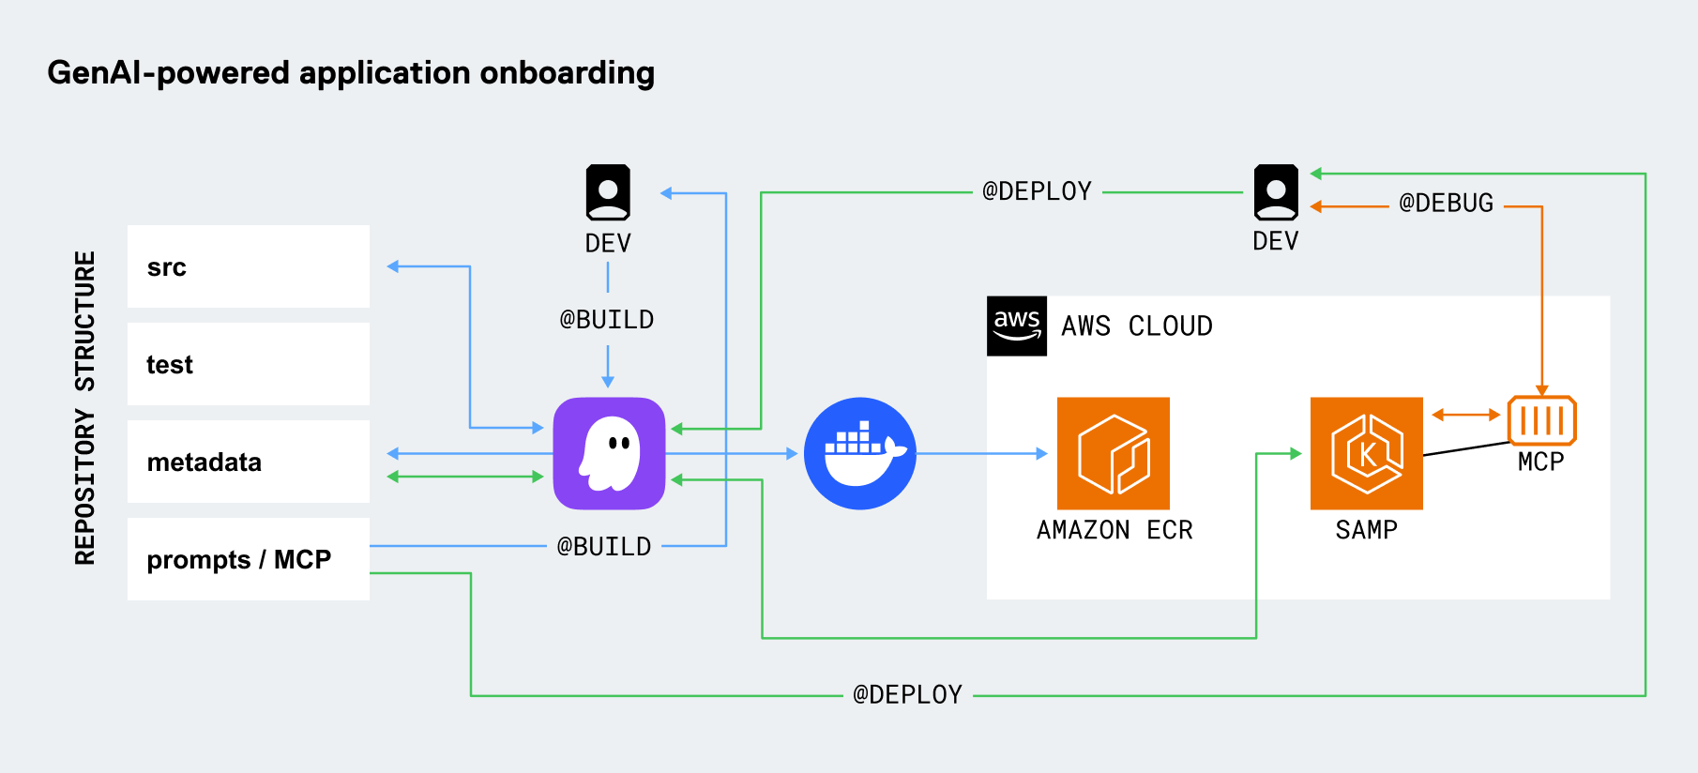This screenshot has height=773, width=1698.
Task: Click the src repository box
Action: coord(248,266)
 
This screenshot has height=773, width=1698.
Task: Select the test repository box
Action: coord(248,364)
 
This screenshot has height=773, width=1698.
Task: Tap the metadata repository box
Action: coord(248,462)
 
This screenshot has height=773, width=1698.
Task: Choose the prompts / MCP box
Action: coord(248,559)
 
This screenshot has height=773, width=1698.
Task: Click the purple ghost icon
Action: coord(609,453)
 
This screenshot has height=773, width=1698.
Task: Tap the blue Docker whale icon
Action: coord(859,453)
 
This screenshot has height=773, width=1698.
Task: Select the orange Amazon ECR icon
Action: coord(1113,453)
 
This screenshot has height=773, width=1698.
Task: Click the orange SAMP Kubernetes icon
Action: coord(1366,453)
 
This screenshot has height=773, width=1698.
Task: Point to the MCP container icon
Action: coord(1541,420)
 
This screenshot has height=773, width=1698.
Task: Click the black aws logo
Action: coord(1017,326)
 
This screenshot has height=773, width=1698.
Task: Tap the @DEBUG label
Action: coord(1446,204)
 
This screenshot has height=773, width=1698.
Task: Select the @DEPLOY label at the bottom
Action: coord(907,695)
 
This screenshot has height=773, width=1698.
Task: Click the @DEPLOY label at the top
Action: coord(1037,191)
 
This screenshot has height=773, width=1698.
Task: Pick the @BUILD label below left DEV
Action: coord(607,320)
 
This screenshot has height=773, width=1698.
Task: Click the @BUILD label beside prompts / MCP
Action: coord(604,546)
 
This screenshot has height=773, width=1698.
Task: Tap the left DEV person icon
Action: coord(608,192)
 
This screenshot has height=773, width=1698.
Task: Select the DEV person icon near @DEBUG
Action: coord(1276,192)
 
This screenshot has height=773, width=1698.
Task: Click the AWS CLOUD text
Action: coord(1136,326)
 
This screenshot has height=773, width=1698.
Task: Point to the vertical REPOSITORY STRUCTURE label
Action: coord(85,408)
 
